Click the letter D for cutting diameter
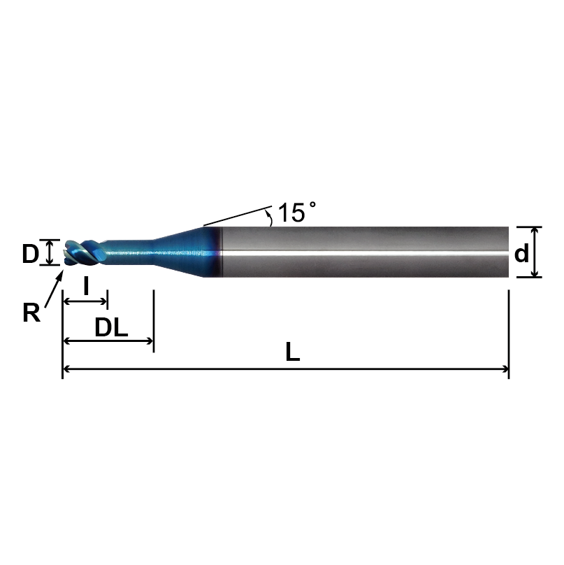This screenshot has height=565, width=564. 29,253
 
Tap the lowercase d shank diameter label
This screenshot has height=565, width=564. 521,252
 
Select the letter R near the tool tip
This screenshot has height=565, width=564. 31,313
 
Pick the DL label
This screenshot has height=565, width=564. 111,327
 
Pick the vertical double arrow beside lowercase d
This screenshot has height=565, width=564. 535,252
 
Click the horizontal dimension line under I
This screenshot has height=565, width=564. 85,302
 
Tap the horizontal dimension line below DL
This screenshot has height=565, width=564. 108,341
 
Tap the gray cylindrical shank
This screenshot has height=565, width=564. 363,252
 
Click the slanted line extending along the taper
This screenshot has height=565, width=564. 238,216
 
